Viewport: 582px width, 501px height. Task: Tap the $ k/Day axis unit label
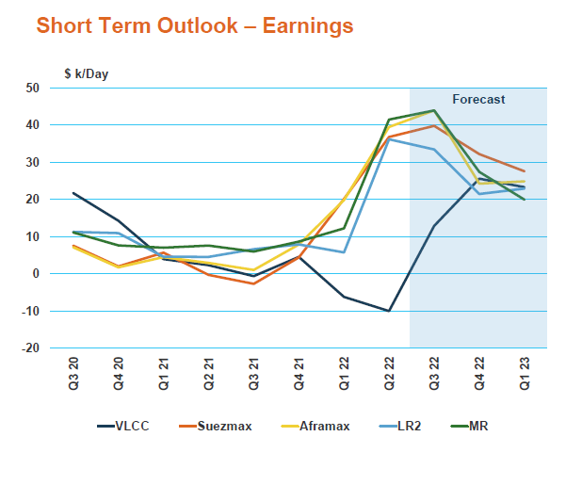[x=87, y=73]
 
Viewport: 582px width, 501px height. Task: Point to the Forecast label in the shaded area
[x=478, y=99]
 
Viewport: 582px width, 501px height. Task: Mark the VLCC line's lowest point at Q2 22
[x=389, y=311]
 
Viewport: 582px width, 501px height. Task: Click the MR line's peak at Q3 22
[x=434, y=110]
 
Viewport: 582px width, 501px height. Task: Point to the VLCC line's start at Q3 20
[x=73, y=193]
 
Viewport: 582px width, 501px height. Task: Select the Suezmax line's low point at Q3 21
[x=253, y=283]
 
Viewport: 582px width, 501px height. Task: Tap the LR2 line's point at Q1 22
[x=344, y=252]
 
